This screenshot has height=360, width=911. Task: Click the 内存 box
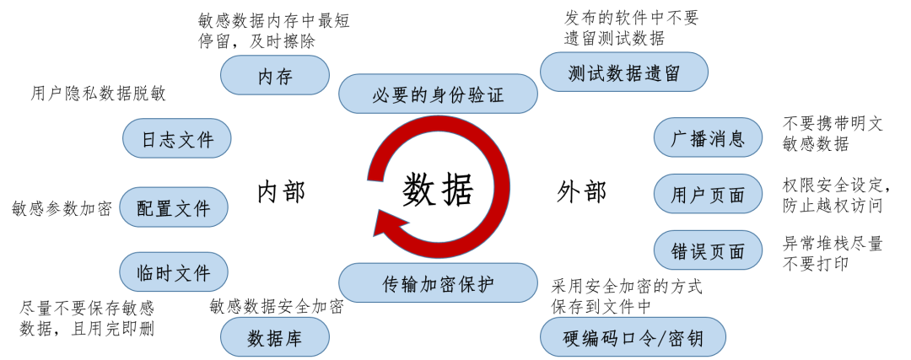coord(274,76)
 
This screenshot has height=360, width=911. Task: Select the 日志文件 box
coord(177,139)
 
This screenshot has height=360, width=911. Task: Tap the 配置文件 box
coord(174,207)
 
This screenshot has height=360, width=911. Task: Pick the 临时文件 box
coord(174,272)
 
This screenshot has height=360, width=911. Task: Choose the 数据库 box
coord(274,337)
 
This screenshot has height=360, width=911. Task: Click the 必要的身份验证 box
coord(438,94)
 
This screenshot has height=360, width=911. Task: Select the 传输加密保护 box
coord(438,283)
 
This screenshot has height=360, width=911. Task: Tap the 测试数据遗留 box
coord(623,73)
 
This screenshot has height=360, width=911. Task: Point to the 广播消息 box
coord(708,138)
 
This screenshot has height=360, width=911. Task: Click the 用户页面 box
coord(708,195)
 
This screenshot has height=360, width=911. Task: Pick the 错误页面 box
coord(708,250)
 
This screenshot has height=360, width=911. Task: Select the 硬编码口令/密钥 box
coord(633,338)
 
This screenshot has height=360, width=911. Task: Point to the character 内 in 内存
coord(265,77)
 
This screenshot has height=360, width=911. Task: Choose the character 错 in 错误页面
coord(680,251)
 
